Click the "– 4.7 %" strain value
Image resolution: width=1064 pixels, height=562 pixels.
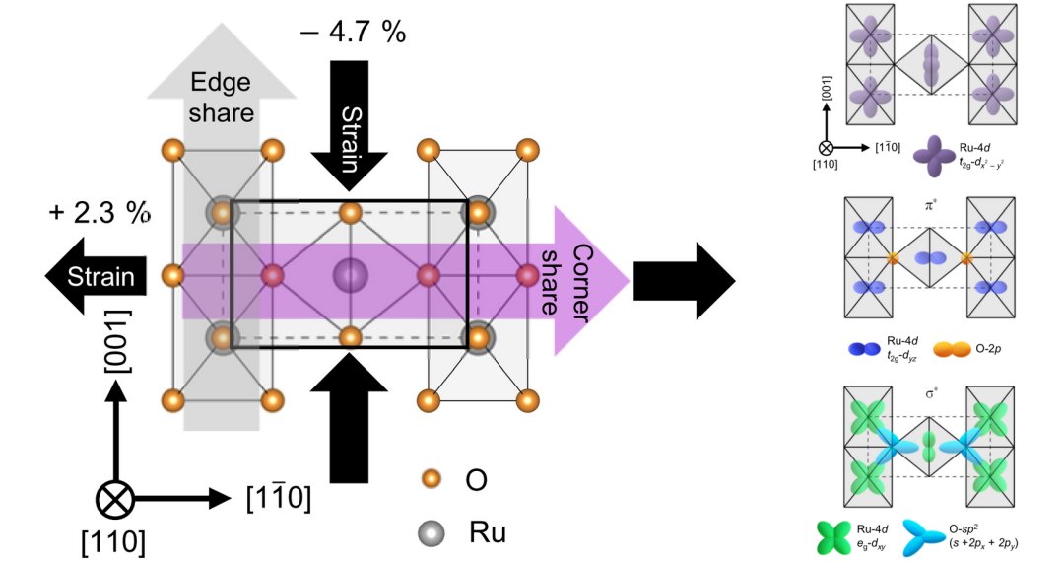click(352, 32)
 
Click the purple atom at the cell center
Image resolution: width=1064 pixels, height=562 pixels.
click(349, 275)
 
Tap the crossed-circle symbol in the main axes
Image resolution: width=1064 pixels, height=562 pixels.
click(116, 500)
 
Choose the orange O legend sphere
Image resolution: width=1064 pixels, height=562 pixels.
click(429, 479)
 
